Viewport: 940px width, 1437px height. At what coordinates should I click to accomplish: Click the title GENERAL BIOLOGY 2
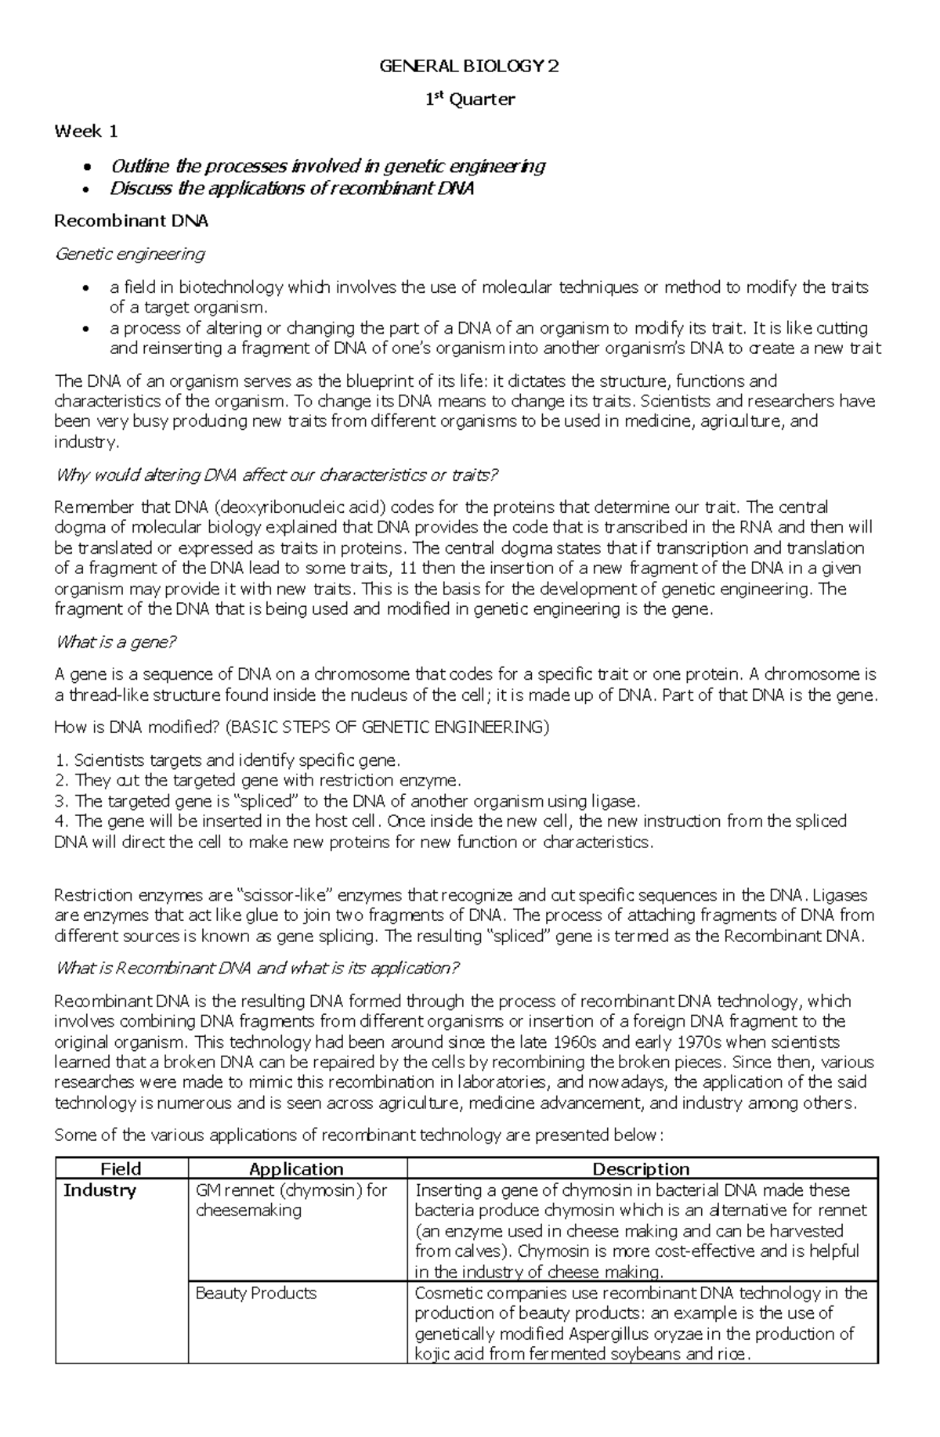[x=469, y=67]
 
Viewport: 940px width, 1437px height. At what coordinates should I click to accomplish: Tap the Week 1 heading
[x=86, y=132]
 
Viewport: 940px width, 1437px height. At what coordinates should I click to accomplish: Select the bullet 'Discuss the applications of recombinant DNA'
[x=291, y=189]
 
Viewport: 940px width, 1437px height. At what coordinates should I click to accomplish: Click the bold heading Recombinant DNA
[x=131, y=221]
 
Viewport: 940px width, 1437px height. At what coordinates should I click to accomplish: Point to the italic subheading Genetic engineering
[x=129, y=254]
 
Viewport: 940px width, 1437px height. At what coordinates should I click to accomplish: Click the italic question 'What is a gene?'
[x=116, y=642]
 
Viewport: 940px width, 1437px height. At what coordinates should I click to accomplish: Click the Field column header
[x=121, y=1169]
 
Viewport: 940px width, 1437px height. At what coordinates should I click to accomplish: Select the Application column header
[x=296, y=1169]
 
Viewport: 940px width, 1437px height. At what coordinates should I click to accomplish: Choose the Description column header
[x=641, y=1169]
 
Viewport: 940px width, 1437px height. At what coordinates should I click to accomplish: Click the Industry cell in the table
[x=99, y=1190]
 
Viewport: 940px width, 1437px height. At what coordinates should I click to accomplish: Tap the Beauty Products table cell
[x=255, y=1293]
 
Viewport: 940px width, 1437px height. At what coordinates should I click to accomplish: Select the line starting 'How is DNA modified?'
[x=302, y=728]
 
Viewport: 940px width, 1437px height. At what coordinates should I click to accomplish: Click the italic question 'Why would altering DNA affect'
[x=276, y=475]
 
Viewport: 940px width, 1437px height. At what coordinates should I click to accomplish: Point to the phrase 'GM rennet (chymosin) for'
[x=291, y=1190]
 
